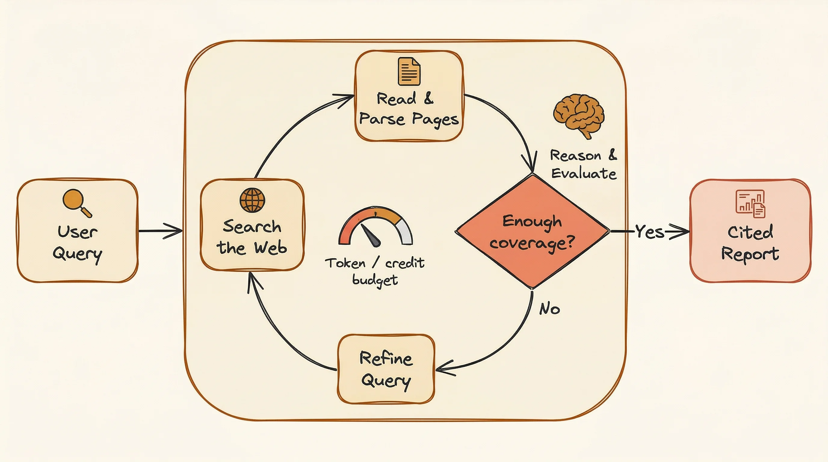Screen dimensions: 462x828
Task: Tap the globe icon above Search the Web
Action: (252, 200)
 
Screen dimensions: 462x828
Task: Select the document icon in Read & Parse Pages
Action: (409, 71)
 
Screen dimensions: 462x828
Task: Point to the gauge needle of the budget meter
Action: (371, 236)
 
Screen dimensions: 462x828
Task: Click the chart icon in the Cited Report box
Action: (750, 203)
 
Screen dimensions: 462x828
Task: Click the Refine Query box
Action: (386, 369)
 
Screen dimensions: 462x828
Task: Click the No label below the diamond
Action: (549, 309)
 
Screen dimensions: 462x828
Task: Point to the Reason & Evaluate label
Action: (583, 164)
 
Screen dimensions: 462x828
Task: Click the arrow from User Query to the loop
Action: (161, 231)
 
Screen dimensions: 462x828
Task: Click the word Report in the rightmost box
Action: (750, 254)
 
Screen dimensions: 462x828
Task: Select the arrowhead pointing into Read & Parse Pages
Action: (347, 97)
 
